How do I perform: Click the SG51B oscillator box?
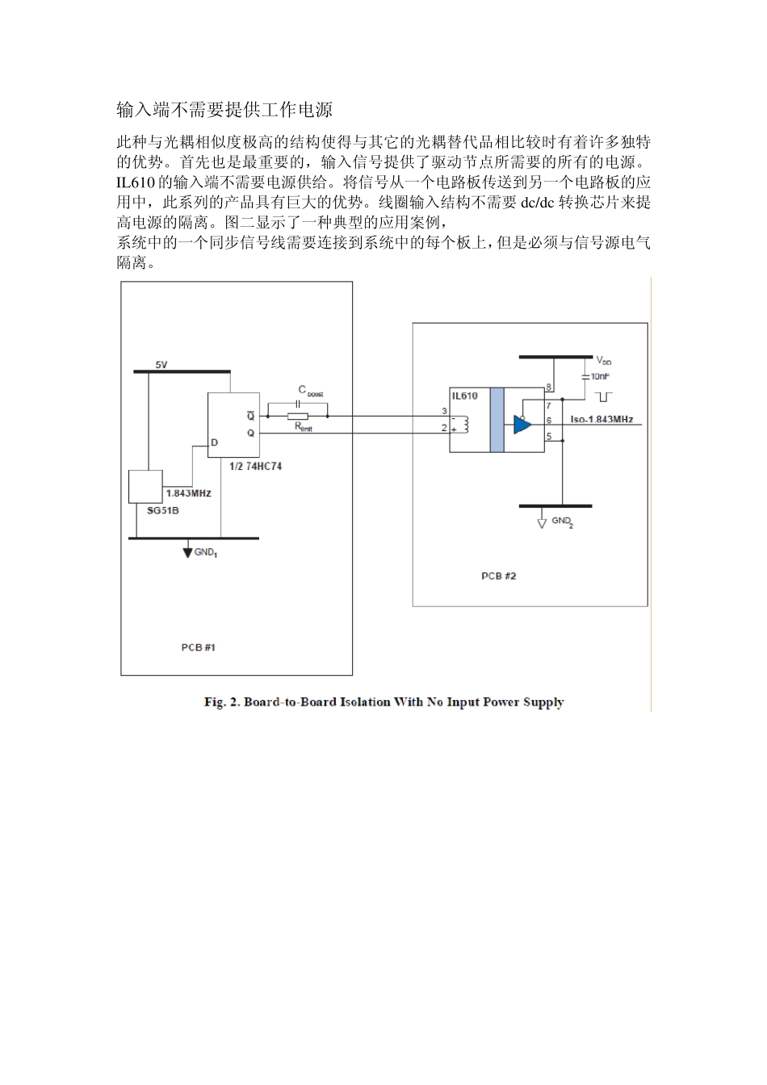(x=146, y=487)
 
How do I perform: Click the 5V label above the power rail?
(x=161, y=365)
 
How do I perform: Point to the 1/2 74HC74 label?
(x=256, y=467)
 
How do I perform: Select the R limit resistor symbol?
(x=298, y=417)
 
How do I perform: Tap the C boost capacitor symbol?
(x=300, y=400)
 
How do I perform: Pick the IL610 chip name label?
(x=464, y=396)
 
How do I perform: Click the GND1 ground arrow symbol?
(x=188, y=551)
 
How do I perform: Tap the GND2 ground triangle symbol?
(x=543, y=522)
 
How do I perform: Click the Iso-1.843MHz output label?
(x=601, y=420)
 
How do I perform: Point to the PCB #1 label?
(x=198, y=647)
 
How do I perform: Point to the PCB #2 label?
(x=498, y=576)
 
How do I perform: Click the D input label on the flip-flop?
(x=214, y=442)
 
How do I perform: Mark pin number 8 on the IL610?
(x=549, y=388)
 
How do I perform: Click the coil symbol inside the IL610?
(x=465, y=424)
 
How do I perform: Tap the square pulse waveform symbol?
(x=603, y=396)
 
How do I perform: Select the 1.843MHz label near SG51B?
(x=188, y=492)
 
